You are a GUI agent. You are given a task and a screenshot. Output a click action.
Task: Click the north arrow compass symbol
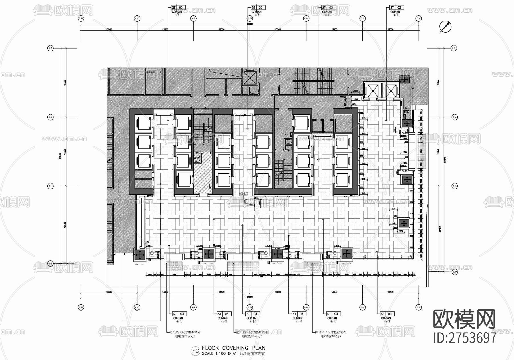(445, 27)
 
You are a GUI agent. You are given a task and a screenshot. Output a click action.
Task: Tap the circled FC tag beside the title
(196, 351)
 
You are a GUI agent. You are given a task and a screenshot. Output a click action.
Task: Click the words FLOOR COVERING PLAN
(234, 348)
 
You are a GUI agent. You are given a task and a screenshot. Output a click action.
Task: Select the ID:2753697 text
(465, 338)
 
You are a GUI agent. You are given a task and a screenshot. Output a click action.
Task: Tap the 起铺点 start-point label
(243, 193)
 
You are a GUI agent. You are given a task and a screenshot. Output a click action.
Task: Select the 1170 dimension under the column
(401, 231)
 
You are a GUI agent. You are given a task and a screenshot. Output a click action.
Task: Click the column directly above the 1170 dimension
(404, 223)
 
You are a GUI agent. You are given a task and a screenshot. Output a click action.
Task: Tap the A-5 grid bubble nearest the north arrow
(454, 49)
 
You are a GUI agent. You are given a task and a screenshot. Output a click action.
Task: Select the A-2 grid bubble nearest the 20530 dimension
(455, 272)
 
